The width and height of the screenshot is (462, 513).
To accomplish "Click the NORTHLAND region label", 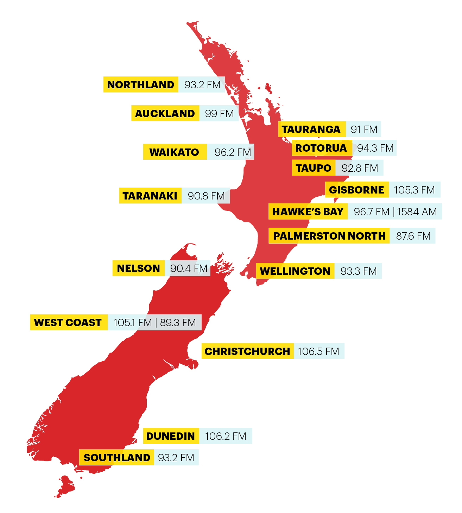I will click(141, 85).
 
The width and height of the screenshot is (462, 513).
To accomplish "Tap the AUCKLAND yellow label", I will click(165, 114).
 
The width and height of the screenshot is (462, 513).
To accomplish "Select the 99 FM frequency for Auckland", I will click(219, 114).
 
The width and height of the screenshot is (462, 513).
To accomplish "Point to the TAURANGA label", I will click(311, 129).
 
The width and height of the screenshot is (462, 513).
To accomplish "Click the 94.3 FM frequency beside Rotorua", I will click(375, 148).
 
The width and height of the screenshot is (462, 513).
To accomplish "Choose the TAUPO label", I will click(314, 168).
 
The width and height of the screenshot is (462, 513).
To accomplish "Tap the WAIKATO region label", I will click(175, 152).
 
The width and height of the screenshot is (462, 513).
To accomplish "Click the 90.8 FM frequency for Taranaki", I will click(206, 196).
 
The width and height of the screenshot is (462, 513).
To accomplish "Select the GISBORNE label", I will click(356, 190).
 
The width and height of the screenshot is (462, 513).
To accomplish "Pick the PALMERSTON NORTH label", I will click(329, 236).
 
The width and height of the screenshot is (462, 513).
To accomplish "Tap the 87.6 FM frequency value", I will click(413, 236).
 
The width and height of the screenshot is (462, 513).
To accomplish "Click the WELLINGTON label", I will click(295, 271).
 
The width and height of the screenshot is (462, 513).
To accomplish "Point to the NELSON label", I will click(139, 268).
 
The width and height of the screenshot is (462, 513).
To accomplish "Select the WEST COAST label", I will click(68, 323).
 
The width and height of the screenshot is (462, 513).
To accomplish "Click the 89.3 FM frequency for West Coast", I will click(178, 323).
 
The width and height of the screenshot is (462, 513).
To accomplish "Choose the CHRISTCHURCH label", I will click(247, 351).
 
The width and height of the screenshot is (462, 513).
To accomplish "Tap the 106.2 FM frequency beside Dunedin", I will click(226, 436).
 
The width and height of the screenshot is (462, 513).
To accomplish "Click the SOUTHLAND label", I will click(117, 458).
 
